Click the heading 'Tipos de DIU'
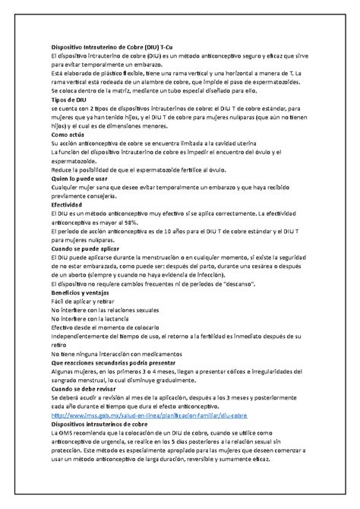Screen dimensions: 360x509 click(x=70, y=99)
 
